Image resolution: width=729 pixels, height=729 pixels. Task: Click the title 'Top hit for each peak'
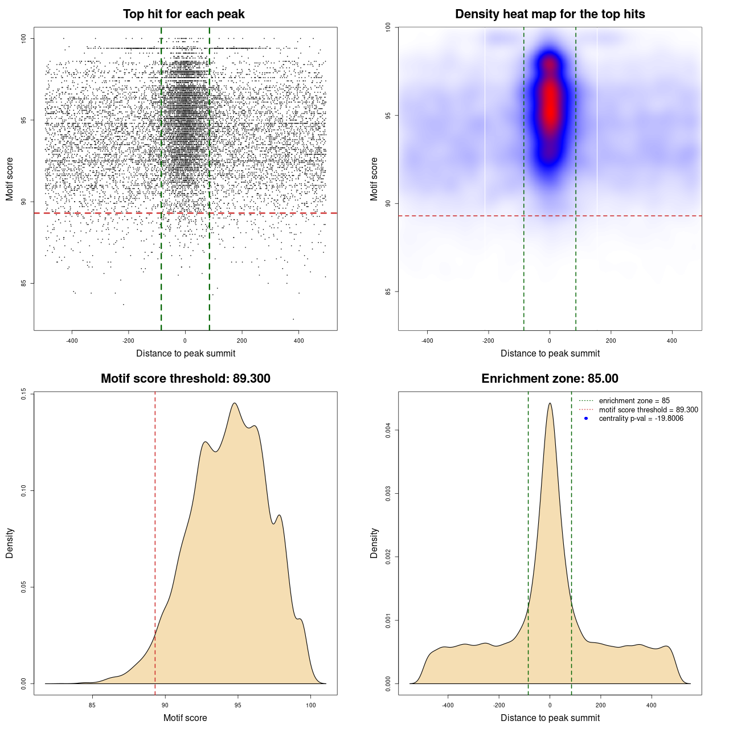[x=183, y=14]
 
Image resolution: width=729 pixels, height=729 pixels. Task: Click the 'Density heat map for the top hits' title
[x=550, y=14]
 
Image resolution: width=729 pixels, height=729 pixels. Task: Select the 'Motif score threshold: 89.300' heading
[x=185, y=379]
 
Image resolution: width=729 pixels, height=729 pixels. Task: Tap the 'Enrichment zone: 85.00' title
[x=550, y=379]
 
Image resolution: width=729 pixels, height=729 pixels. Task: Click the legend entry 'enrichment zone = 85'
[x=634, y=401]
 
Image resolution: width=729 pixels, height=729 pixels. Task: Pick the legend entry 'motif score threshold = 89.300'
[x=648, y=409]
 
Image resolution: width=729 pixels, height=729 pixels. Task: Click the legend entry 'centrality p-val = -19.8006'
[x=641, y=419]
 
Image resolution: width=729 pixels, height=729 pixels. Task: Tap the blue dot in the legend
[x=586, y=419]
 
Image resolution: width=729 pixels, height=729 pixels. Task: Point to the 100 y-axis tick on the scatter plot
[x=24, y=38]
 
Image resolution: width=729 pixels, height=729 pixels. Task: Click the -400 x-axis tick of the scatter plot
[x=72, y=341]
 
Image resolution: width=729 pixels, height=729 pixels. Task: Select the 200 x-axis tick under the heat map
[x=611, y=341]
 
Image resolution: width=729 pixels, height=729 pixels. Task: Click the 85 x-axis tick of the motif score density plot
[x=92, y=705]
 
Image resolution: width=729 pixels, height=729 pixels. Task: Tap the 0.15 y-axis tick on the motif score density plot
[x=24, y=394]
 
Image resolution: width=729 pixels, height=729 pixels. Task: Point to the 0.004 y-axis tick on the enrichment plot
[x=388, y=430]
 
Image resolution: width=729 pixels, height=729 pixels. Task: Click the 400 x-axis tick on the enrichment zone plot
[x=652, y=705]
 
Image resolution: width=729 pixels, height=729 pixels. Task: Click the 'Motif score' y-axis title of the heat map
[x=374, y=179]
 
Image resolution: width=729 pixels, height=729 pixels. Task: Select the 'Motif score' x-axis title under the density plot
[x=185, y=718]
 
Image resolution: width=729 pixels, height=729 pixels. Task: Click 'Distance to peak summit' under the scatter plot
[x=186, y=353]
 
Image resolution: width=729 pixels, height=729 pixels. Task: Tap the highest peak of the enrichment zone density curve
[x=550, y=404]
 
